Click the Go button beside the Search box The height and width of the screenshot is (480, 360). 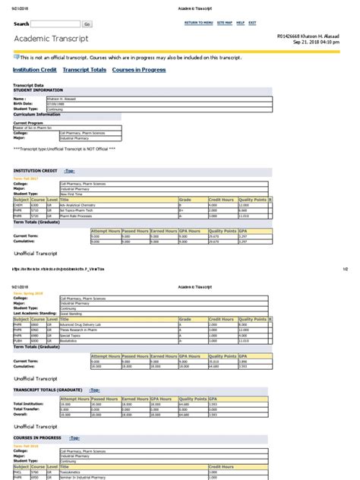(x=87, y=24)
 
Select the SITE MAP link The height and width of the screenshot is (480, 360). (x=224, y=24)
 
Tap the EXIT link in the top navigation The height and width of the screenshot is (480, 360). (x=252, y=24)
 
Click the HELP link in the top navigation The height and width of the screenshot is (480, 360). (x=240, y=24)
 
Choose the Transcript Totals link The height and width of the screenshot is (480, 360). (x=84, y=70)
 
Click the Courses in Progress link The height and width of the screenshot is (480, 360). (x=139, y=70)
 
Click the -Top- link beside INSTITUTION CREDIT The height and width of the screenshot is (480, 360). (x=70, y=172)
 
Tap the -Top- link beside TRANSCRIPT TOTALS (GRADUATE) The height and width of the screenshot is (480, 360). (x=96, y=389)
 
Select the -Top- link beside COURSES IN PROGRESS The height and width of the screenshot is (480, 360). (x=74, y=438)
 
